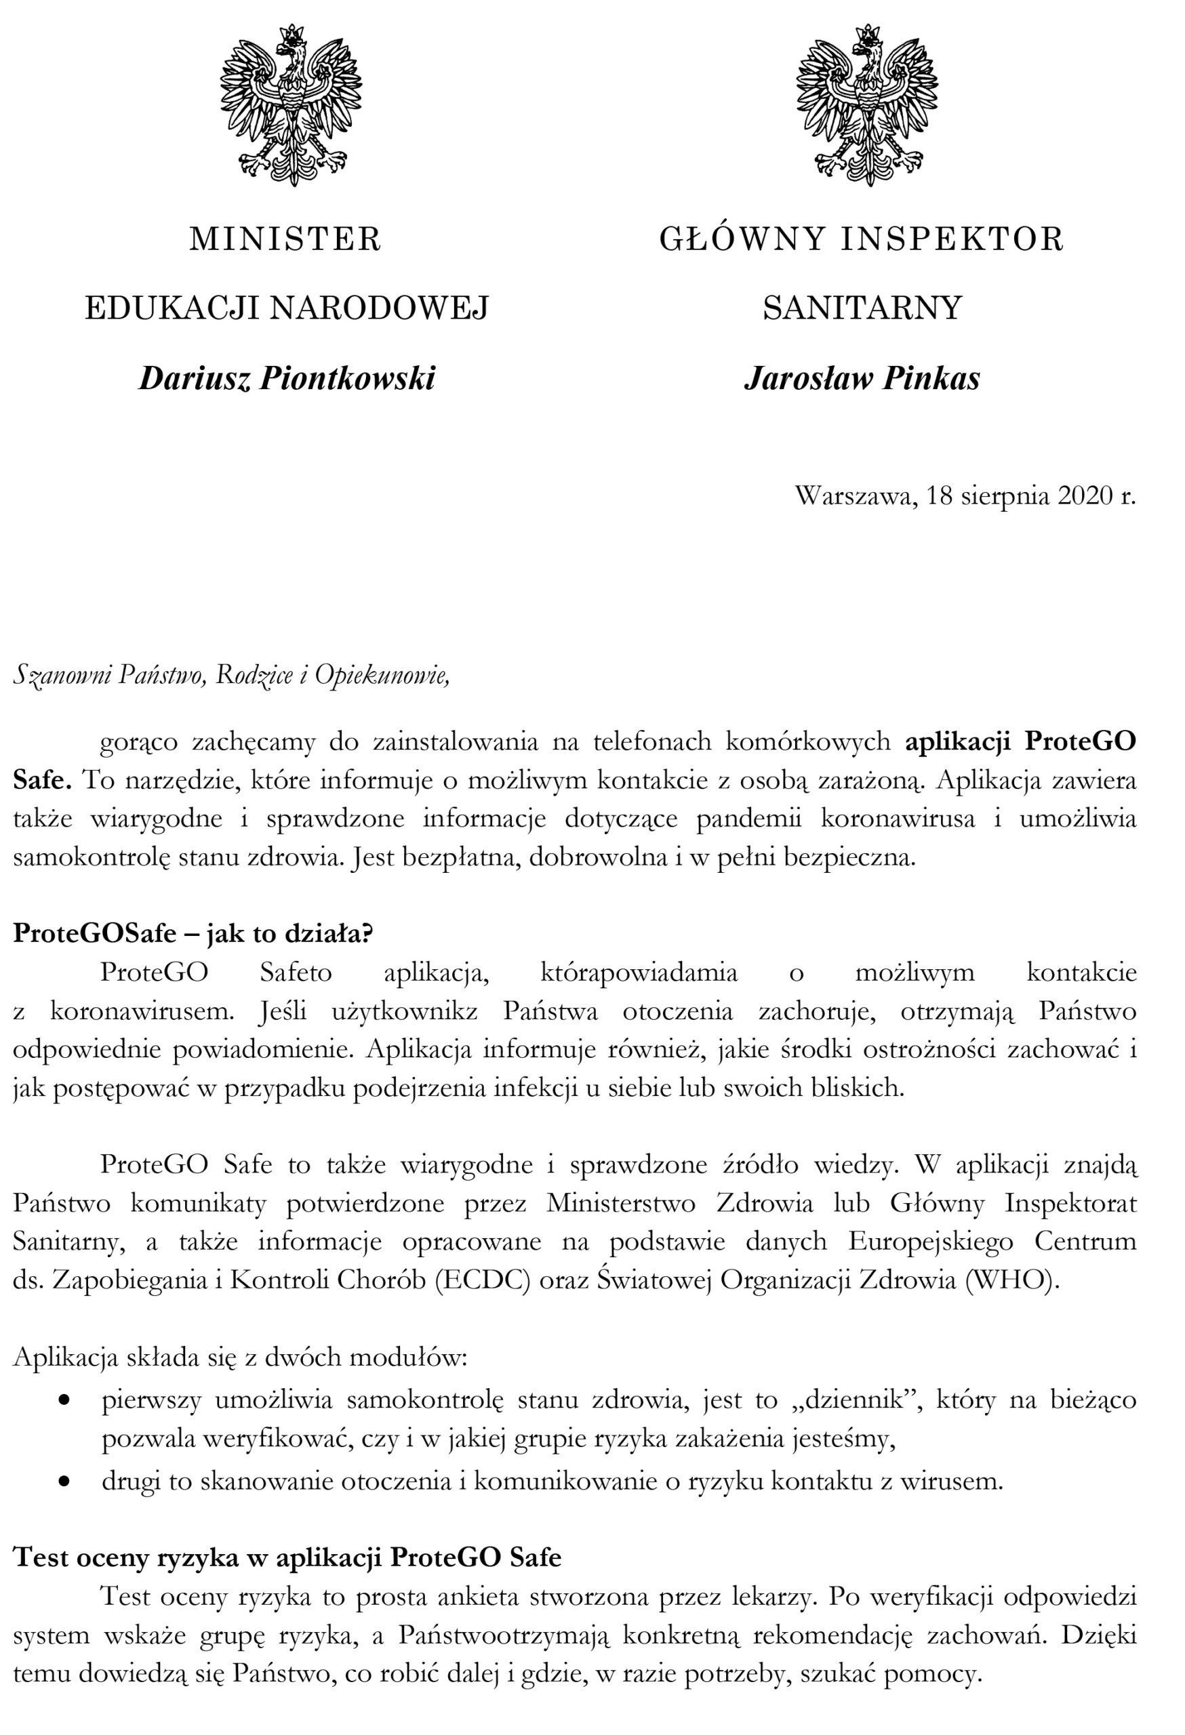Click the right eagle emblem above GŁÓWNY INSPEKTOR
tap(867, 104)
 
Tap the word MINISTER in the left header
tap(285, 240)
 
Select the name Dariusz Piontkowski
tap(287, 378)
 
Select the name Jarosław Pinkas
tap(862, 378)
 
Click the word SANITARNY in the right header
tap(862, 308)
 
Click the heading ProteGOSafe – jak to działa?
tap(193, 934)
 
